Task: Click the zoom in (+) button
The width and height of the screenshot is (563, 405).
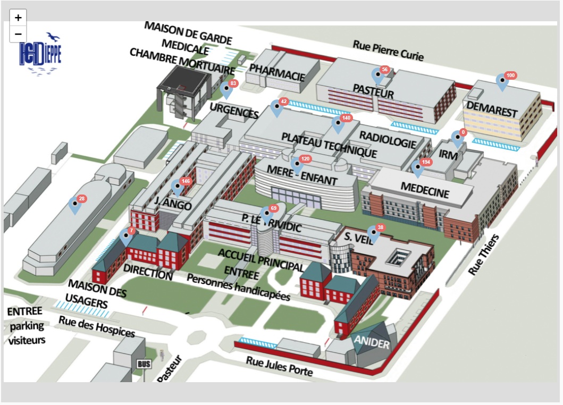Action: point(18,18)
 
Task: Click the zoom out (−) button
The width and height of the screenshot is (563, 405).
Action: point(18,34)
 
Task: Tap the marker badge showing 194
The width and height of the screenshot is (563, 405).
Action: point(425,162)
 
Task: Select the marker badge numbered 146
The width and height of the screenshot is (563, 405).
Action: point(186,181)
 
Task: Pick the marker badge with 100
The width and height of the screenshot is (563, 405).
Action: point(510,75)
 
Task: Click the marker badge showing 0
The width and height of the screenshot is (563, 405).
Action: point(463,132)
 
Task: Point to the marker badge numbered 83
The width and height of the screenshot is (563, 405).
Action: point(233,83)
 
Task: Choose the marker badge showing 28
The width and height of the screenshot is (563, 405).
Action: point(82,199)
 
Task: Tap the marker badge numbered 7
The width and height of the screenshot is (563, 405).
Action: point(131,231)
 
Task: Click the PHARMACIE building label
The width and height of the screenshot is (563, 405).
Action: point(277,73)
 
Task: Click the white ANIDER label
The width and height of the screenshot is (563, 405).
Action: point(372,343)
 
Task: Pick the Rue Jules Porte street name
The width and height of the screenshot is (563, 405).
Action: point(279,367)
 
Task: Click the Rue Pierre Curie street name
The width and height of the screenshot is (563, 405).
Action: point(388,50)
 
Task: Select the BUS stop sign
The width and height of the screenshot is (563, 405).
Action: point(144,364)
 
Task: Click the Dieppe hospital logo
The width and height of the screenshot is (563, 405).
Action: point(40,53)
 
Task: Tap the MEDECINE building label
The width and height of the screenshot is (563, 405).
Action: point(425,189)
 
